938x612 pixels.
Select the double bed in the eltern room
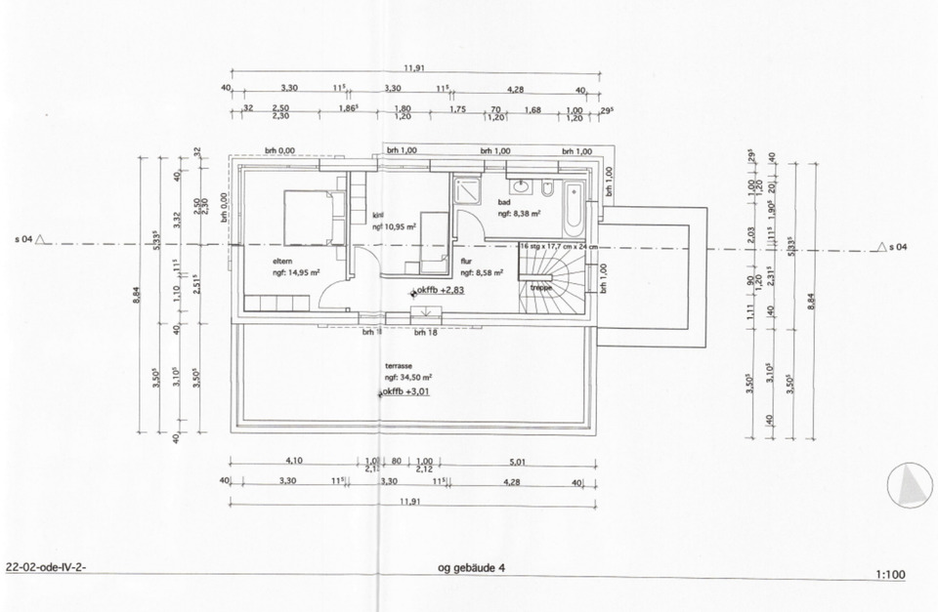[x=308, y=217]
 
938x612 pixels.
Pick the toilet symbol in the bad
[x=549, y=187]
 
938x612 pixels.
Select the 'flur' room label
[x=466, y=262]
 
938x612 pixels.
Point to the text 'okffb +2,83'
[x=439, y=291]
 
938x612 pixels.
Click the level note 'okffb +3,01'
[x=405, y=393]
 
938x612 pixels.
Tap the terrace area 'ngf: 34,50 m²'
[x=408, y=376]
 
